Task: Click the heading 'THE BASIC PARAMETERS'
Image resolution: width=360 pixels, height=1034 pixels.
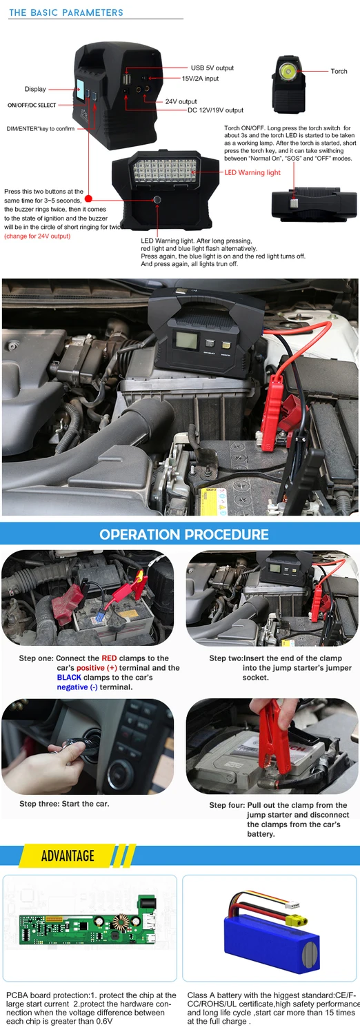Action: (66, 12)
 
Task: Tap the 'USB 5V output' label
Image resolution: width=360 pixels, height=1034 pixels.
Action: (212, 68)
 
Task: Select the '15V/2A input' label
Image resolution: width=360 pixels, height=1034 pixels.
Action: (200, 79)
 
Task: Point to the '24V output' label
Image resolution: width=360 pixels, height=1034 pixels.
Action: (181, 101)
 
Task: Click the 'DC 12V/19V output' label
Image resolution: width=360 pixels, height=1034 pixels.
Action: (216, 110)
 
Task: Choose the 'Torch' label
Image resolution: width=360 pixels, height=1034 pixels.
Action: (339, 71)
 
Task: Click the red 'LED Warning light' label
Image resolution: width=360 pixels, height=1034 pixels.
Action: (252, 172)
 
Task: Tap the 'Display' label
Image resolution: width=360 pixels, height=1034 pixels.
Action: (36, 89)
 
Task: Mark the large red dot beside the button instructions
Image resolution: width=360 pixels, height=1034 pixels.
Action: (88, 199)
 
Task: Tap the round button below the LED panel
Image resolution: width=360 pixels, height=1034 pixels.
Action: (157, 200)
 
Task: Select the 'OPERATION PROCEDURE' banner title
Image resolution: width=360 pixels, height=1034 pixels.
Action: (184, 534)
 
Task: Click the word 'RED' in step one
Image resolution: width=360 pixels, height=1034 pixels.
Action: (110, 658)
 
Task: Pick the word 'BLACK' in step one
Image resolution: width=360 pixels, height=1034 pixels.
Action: (69, 677)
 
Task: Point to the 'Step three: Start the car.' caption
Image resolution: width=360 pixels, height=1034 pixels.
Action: (64, 804)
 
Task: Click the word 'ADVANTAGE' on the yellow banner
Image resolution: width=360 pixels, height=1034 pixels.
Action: (68, 855)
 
